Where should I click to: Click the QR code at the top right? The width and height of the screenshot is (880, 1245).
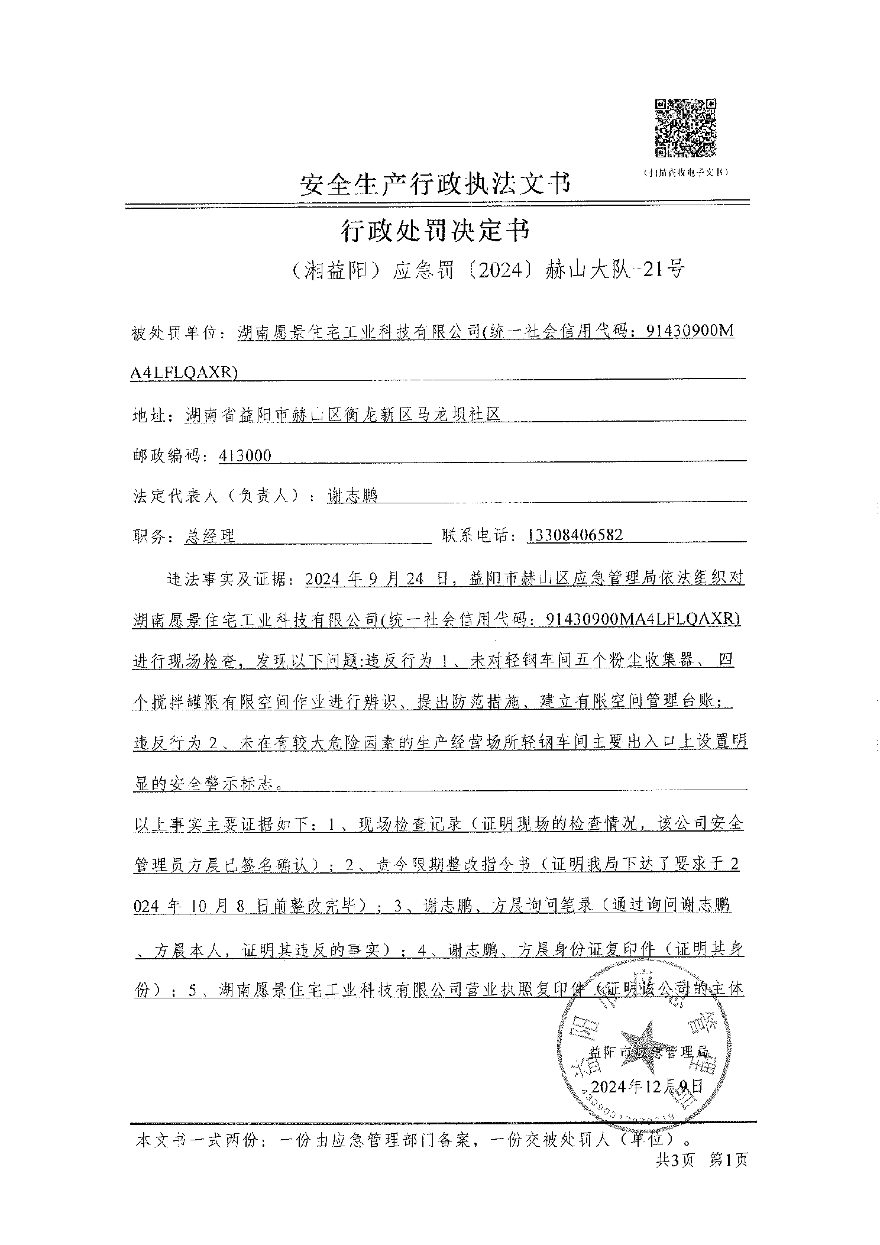click(685, 128)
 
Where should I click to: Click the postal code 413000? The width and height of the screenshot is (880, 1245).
click(245, 455)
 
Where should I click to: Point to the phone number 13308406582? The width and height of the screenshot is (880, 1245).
click(575, 535)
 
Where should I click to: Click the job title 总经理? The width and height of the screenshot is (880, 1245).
click(210, 536)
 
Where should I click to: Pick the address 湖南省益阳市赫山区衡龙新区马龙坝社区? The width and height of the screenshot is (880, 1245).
click(343, 415)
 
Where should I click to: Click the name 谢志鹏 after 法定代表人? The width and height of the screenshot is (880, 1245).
click(352, 496)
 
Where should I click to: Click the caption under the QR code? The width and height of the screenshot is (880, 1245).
click(685, 172)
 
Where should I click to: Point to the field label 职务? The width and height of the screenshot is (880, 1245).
click(150, 536)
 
